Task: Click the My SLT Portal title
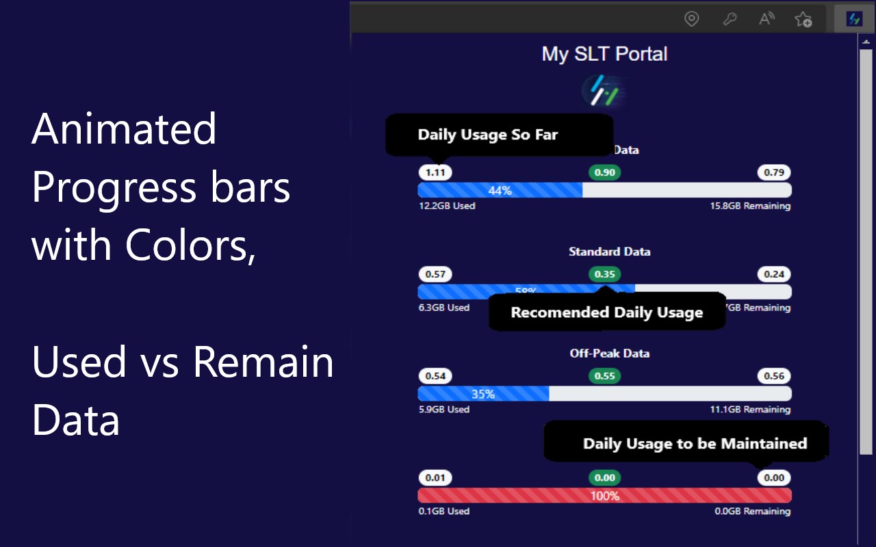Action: click(604, 54)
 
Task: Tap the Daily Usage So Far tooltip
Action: click(488, 135)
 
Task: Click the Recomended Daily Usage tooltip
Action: click(606, 312)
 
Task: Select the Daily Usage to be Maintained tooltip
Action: click(694, 443)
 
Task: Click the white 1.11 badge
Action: click(435, 172)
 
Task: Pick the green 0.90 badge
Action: click(604, 172)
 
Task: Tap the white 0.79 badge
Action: click(774, 172)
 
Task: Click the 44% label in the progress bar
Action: click(500, 191)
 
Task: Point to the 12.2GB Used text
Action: click(447, 206)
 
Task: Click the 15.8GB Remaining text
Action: click(750, 206)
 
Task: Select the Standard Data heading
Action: click(609, 252)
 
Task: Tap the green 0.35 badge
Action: click(604, 274)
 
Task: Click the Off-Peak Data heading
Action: click(609, 353)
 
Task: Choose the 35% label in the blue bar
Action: click(483, 395)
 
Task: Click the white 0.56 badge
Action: click(774, 376)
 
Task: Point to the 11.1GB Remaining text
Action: click(750, 410)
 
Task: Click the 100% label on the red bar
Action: click(604, 496)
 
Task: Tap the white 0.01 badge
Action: click(435, 478)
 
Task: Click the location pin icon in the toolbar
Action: click(692, 19)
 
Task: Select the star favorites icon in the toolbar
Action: click(803, 19)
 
